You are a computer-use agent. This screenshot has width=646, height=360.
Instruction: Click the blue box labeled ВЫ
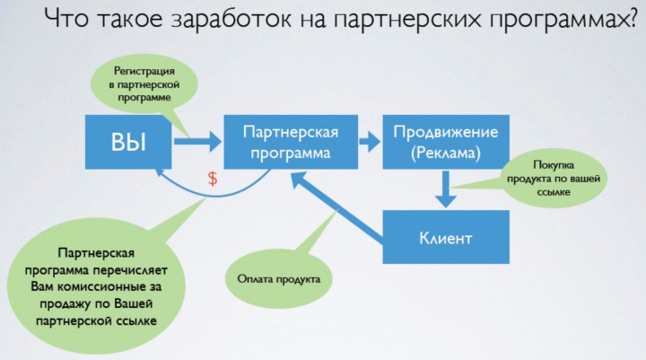[128, 142]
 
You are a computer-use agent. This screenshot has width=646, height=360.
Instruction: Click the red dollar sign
[213, 178]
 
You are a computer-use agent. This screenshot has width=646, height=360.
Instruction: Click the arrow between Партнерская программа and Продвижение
[369, 142]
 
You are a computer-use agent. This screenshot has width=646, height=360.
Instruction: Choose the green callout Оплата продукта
[279, 279]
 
